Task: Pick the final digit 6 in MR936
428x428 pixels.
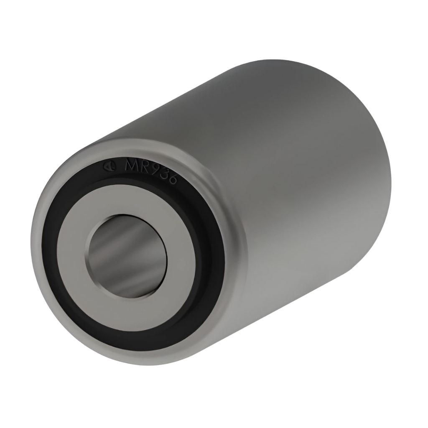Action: [x=174, y=181]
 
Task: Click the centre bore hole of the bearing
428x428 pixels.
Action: [x=128, y=256]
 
